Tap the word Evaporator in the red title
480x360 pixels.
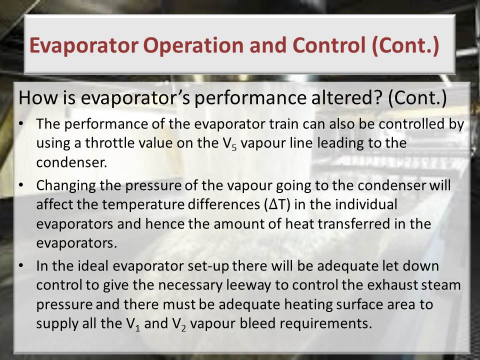coord(84,45)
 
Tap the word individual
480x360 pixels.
coord(366,204)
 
